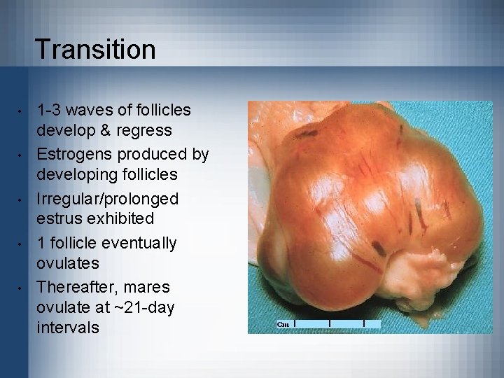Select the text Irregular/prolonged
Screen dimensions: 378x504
tap(108, 199)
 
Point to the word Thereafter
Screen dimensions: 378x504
tap(78, 288)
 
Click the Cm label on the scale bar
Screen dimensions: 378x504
tap(283, 324)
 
